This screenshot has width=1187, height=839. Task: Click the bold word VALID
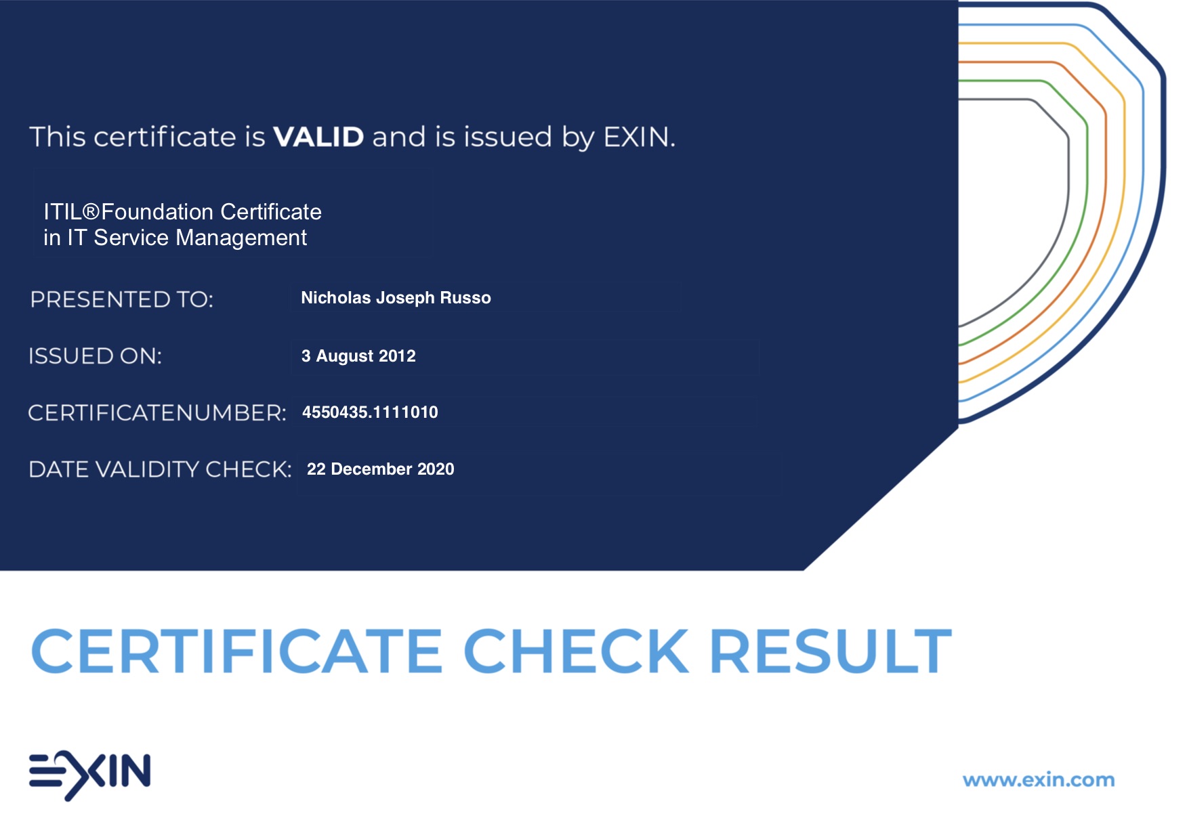point(318,137)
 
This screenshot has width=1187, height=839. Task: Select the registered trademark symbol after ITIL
point(91,211)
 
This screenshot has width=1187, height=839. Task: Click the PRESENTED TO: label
point(122,299)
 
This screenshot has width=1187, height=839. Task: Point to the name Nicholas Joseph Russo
point(396,298)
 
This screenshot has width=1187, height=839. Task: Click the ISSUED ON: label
point(96,356)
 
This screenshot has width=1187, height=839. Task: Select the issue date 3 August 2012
point(358,356)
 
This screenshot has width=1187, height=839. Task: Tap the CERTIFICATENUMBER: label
point(157,412)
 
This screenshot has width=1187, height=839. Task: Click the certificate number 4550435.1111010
point(370,412)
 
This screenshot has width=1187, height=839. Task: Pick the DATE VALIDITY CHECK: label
point(160,469)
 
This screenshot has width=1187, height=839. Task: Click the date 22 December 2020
point(381,469)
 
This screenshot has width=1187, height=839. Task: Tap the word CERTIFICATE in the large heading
point(237,651)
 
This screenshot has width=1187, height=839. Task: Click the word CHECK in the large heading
point(576,651)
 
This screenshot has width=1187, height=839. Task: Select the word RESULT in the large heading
point(831,651)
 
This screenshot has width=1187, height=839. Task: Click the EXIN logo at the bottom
point(89,775)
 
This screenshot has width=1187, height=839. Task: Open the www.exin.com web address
point(1039,780)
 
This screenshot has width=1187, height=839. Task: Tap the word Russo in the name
point(465,298)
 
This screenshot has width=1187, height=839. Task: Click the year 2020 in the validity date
point(436,469)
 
